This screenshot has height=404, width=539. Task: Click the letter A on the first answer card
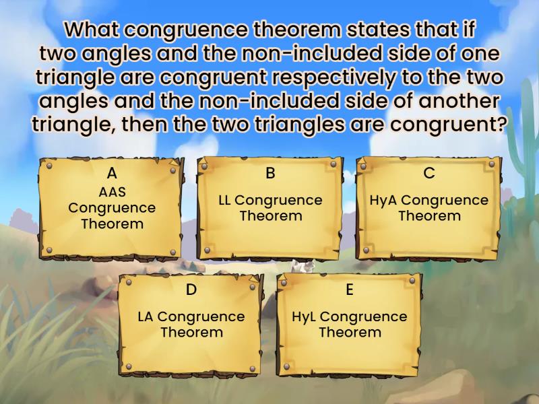112,173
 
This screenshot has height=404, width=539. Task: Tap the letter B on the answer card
270,173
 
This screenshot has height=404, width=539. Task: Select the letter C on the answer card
429,173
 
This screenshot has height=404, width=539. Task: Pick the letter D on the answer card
191,290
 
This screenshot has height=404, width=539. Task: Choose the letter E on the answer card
350,290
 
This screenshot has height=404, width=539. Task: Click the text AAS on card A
112,192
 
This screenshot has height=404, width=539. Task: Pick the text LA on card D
146,316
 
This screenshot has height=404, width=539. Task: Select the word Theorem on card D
191,332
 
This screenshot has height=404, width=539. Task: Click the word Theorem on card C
429,215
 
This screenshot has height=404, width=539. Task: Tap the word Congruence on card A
112,207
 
